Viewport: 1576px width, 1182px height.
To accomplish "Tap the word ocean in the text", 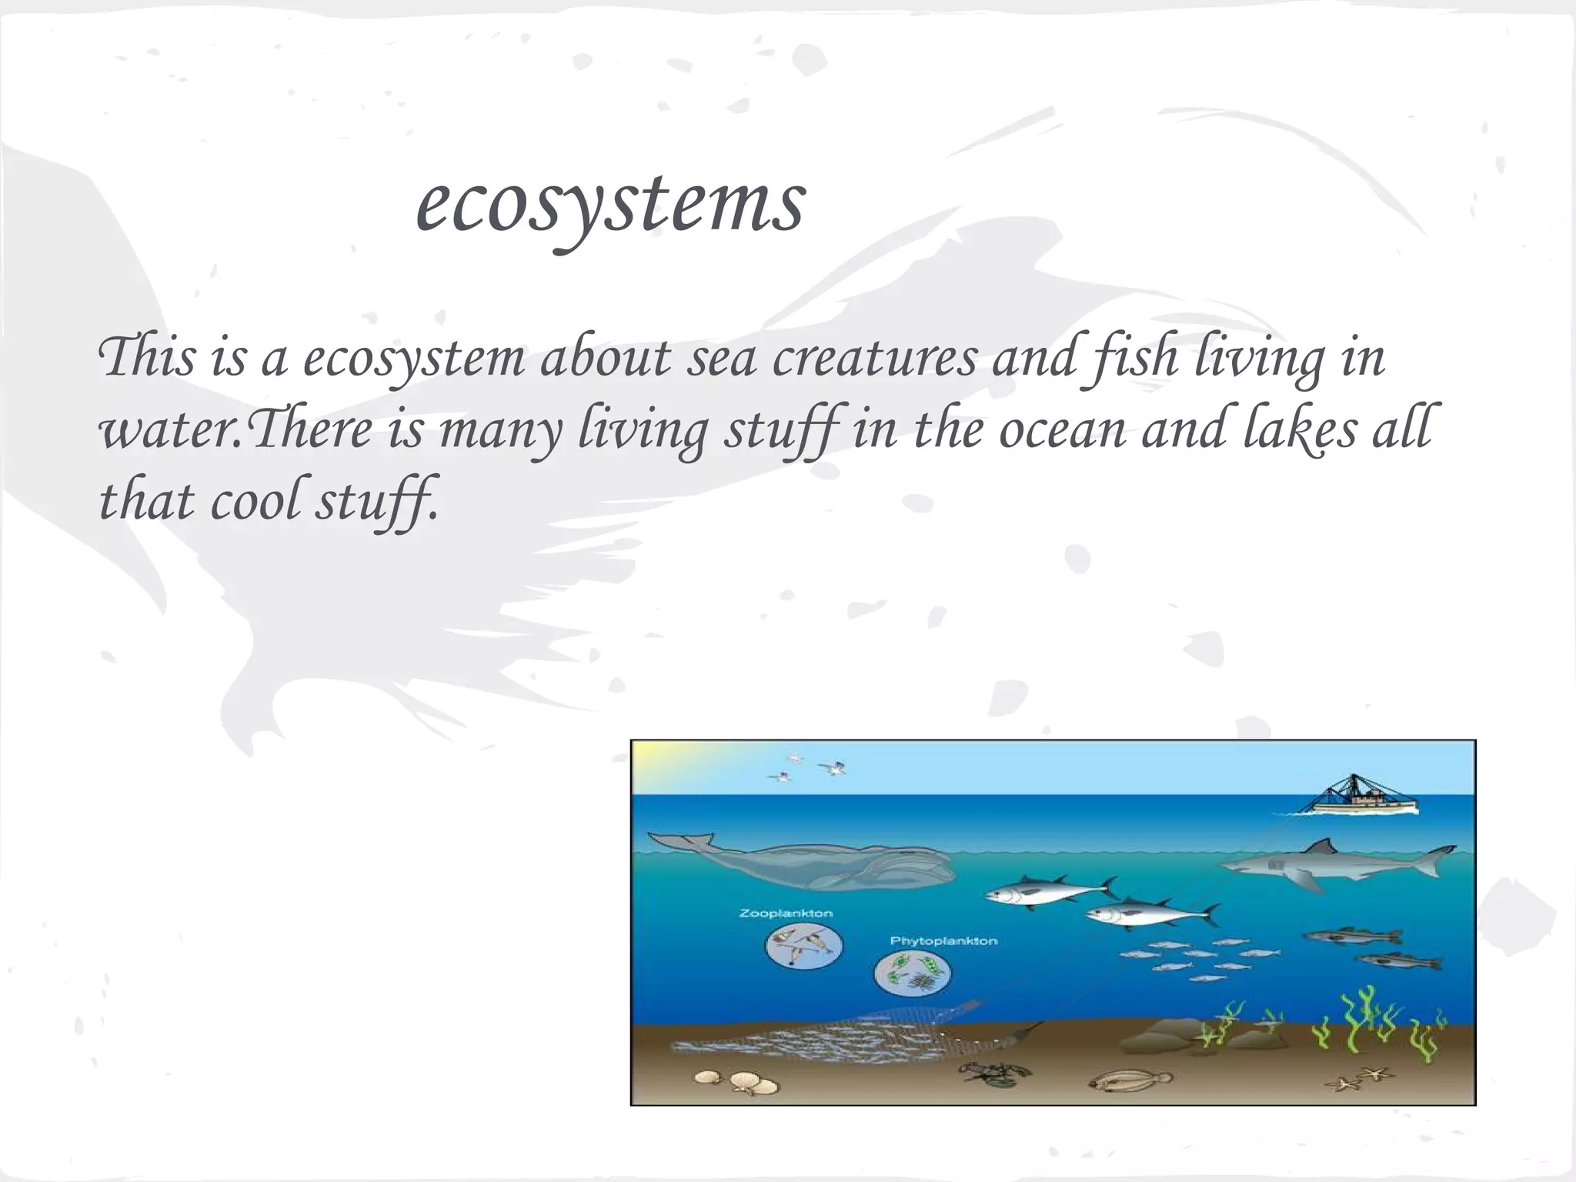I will click(x=1062, y=429).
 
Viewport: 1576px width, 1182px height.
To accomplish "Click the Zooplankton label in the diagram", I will click(x=786, y=913).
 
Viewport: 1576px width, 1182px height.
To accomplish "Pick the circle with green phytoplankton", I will click(x=913, y=972).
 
